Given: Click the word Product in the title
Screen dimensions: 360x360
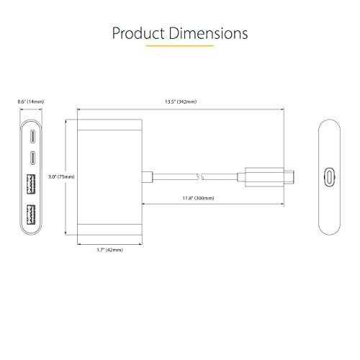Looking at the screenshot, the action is [138, 33].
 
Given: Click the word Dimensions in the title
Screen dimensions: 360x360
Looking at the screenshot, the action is [208, 33].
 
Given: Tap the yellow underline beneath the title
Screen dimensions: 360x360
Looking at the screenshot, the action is [179, 45].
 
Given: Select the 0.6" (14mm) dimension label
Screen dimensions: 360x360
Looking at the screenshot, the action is [31, 102].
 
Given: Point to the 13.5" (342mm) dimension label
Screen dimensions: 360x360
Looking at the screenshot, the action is [181, 102].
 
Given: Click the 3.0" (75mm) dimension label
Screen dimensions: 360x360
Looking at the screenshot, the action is [61, 177].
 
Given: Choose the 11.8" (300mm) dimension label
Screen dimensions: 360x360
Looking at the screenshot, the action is [198, 198].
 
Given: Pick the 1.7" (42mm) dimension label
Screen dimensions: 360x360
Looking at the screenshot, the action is [109, 250].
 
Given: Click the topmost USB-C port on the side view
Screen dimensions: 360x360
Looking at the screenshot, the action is [32, 136].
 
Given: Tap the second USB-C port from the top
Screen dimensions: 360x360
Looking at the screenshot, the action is [32, 158].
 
